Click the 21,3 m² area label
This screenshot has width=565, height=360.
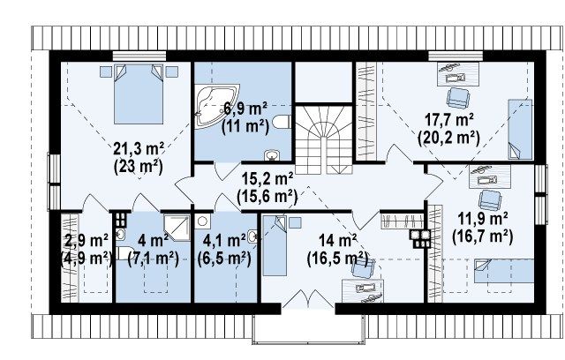pyautogui.click(x=139, y=148)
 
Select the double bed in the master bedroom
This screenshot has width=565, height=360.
pyautogui.click(x=139, y=94)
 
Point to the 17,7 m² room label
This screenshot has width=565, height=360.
pyautogui.click(x=449, y=119)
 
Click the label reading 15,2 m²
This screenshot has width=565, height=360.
pyautogui.click(x=267, y=178)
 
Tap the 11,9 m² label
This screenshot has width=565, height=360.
pyautogui.click(x=483, y=218)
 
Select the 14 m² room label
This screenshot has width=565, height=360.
pyautogui.click(x=337, y=241)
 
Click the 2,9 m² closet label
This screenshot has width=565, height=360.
pyautogui.click(x=87, y=241)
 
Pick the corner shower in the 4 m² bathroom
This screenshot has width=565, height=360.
pyautogui.click(x=177, y=228)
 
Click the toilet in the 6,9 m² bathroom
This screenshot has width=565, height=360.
pyautogui.click(x=282, y=122)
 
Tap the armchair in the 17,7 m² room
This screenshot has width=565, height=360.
pyautogui.click(x=458, y=97)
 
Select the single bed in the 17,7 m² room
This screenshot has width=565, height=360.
pyautogui.click(x=520, y=129)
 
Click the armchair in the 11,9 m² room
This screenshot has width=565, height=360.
pyautogui.click(x=490, y=199)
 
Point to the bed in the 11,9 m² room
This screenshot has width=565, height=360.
pyautogui.click(x=504, y=271)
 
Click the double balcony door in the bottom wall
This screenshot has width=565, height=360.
pyautogui.click(x=308, y=299)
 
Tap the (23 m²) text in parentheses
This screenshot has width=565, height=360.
pyautogui.click(x=139, y=167)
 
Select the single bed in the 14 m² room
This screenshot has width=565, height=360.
pyautogui.click(x=275, y=245)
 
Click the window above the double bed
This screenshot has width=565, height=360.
pyautogui.click(x=139, y=56)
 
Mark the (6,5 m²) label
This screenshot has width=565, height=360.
pyautogui.click(x=224, y=259)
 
